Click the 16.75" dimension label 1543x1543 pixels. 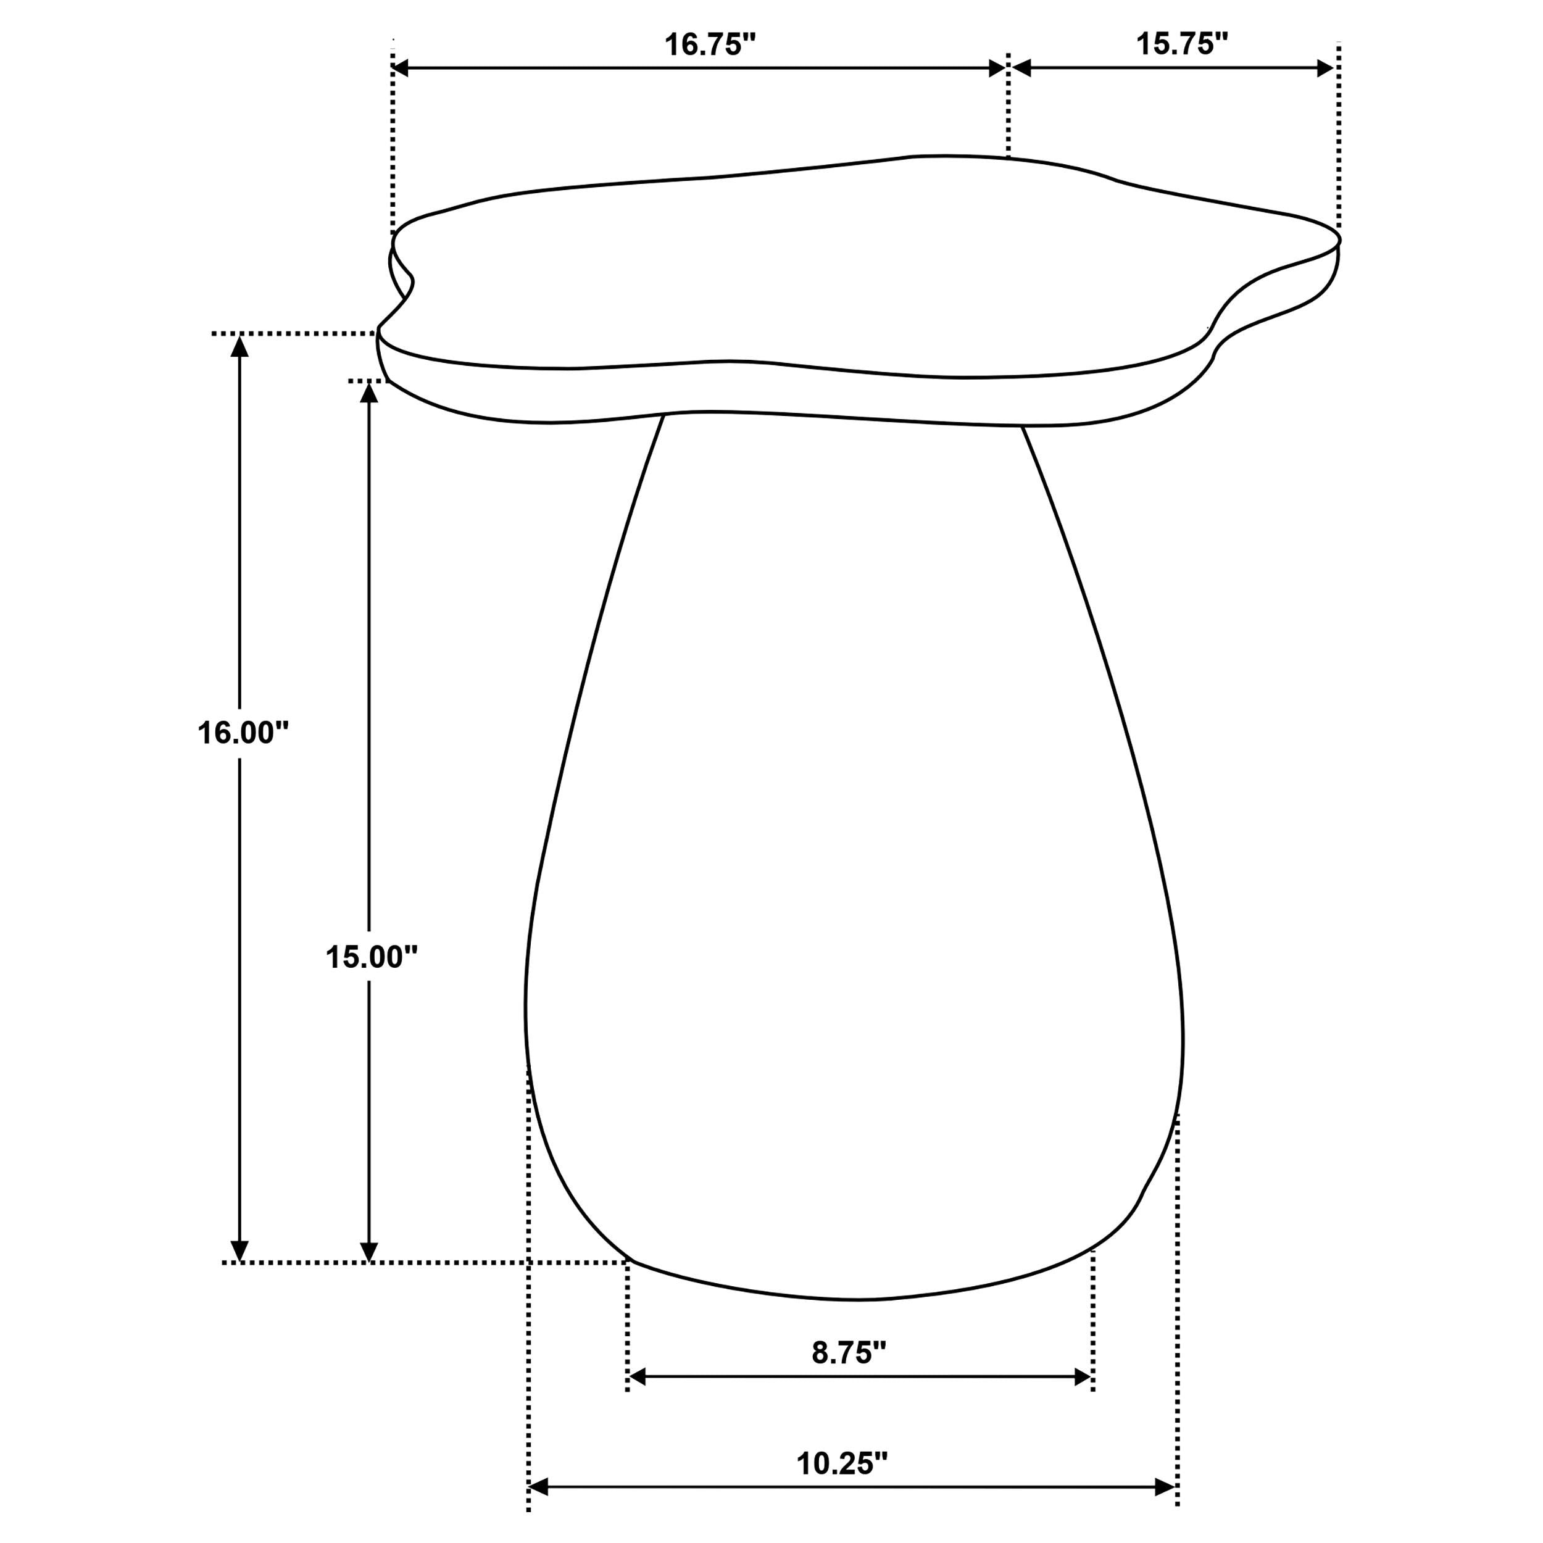click(x=709, y=44)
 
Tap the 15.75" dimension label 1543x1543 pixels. click(x=1181, y=44)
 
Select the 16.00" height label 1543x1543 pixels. click(x=242, y=733)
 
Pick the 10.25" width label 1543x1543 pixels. click(x=842, y=1463)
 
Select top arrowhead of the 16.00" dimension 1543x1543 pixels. click(x=239, y=346)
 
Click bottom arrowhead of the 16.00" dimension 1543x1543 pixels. click(x=239, y=1250)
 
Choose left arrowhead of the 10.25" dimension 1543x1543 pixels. click(x=538, y=1487)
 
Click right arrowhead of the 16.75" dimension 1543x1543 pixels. click(x=997, y=69)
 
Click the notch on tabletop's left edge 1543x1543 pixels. click(x=411, y=280)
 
